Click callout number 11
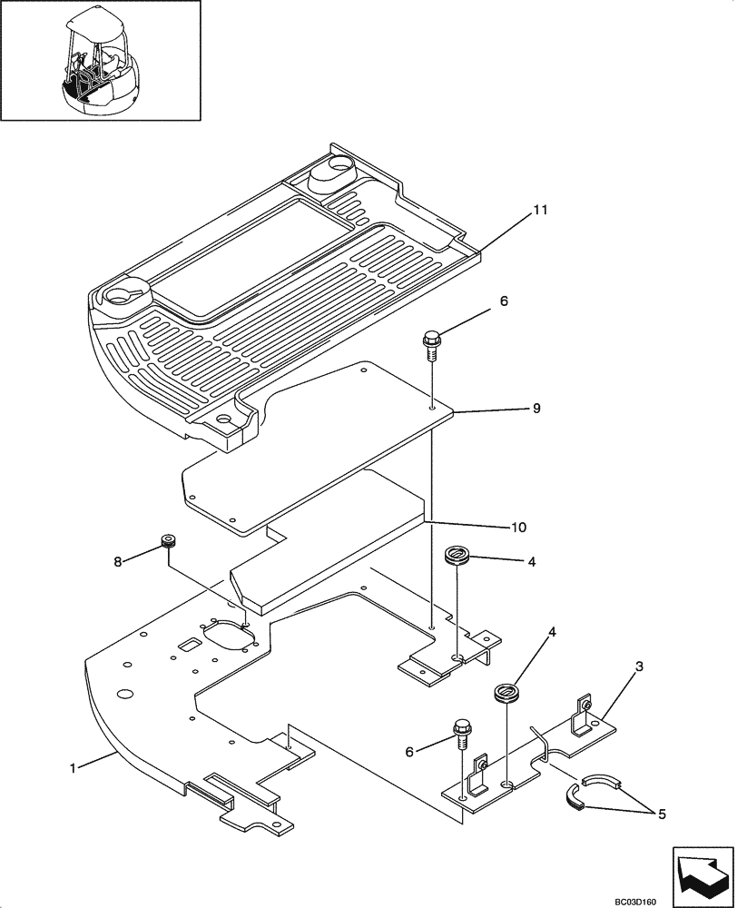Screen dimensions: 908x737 tap(540, 211)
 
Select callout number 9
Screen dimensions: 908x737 tap(536, 409)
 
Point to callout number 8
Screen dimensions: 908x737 tap(118, 562)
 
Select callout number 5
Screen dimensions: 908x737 tap(661, 815)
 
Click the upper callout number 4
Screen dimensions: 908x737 tap(531, 563)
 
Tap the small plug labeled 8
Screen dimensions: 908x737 tap(167, 542)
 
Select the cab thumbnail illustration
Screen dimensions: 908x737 tap(100, 61)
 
